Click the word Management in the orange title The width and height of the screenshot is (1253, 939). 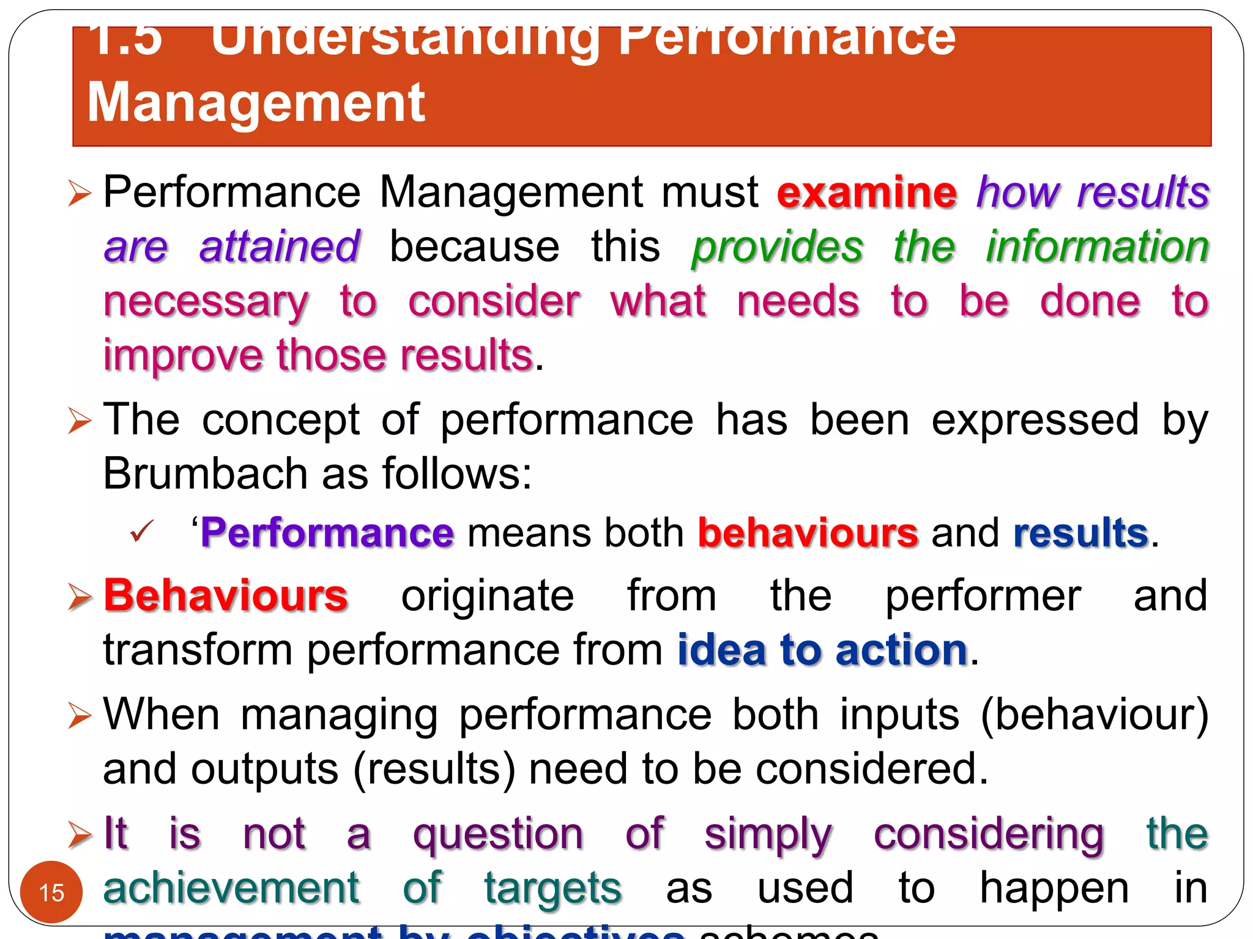tap(256, 103)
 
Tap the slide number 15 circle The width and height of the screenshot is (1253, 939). tap(51, 892)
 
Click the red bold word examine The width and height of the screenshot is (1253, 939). tap(866, 193)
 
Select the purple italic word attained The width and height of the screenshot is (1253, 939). tap(280, 247)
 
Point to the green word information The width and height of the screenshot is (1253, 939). tap(1097, 247)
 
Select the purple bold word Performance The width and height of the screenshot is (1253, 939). tap(327, 533)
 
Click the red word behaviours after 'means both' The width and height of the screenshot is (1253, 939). tap(808, 533)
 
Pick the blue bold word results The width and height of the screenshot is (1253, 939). tap(1080, 533)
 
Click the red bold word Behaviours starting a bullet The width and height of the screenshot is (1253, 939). tap(226, 595)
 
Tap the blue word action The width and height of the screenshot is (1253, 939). tap(901, 650)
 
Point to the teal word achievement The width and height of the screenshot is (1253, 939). tap(231, 888)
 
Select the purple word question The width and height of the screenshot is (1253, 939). tap(498, 834)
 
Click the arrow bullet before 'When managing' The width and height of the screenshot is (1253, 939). tap(80, 715)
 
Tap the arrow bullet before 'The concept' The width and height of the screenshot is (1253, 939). tap(80, 421)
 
